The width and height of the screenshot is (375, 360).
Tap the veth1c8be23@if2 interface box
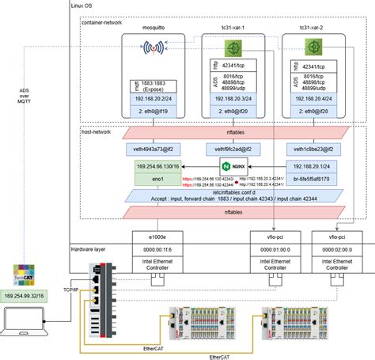coord(314,149)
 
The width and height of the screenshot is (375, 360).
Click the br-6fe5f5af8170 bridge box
coord(314,180)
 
